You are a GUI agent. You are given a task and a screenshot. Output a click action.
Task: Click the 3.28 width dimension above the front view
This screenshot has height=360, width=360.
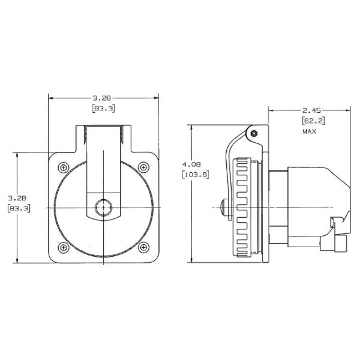point(103,97)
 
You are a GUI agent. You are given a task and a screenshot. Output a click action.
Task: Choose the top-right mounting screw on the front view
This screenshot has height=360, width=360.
point(142,166)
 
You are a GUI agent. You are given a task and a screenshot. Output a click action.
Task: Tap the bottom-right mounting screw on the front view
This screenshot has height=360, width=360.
point(142,246)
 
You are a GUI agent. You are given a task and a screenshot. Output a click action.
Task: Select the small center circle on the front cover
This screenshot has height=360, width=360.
point(103,206)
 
